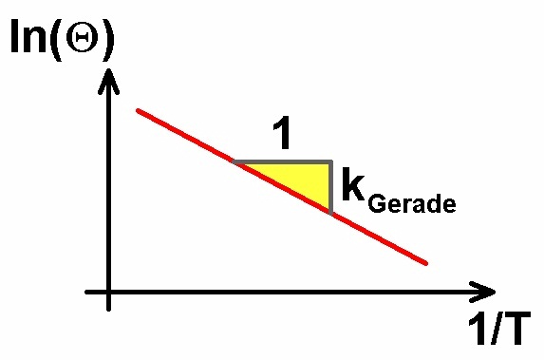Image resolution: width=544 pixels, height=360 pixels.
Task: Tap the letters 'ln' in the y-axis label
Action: point(28,36)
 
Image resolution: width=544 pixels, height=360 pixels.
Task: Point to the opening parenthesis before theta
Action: point(56,39)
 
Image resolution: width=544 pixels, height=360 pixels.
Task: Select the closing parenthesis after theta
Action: point(107,39)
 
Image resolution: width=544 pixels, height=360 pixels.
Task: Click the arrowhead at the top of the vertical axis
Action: point(108,82)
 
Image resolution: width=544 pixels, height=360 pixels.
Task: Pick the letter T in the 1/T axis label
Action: point(516,328)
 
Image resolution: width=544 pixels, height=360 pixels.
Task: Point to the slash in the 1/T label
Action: point(495,328)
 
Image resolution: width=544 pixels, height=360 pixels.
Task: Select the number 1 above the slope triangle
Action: point(282,134)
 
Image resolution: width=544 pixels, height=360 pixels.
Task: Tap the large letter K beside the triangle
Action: point(353,184)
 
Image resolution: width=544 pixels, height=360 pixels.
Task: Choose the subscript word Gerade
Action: point(412,203)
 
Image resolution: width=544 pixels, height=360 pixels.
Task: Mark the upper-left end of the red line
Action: point(139,111)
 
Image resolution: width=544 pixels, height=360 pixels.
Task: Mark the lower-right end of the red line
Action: point(425,263)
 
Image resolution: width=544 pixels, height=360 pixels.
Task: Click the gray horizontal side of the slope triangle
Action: point(283,161)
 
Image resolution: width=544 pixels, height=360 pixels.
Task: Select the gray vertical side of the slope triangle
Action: point(331,187)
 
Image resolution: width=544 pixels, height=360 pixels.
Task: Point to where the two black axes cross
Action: point(108,292)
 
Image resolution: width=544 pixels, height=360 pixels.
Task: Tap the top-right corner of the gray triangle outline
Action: point(331,161)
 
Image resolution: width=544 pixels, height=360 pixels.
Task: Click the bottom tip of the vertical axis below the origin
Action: point(108,310)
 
